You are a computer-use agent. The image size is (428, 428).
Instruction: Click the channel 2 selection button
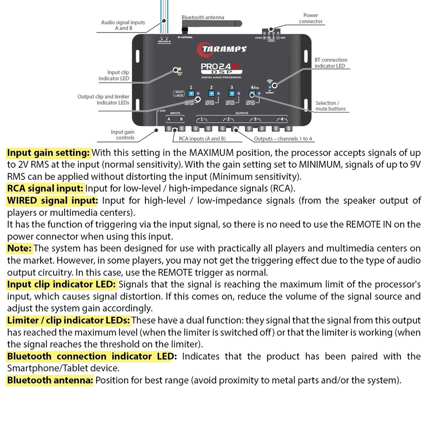(211, 93)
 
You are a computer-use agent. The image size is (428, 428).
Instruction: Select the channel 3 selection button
(232, 93)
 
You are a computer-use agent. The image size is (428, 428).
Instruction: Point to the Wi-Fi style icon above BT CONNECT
(270, 81)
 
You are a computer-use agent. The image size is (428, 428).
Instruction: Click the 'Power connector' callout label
(310, 18)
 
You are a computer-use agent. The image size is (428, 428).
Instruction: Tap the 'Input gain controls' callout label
(122, 135)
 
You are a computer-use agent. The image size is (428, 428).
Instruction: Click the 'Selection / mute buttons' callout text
(330, 106)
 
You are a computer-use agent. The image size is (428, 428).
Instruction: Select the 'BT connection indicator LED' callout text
(330, 63)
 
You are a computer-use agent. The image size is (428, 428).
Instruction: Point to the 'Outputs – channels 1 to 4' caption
(283, 139)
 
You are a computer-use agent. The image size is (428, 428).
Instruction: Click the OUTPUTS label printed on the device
(242, 113)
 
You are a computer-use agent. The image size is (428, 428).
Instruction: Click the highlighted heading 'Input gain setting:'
(48, 153)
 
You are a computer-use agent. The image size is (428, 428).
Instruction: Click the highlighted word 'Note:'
(19, 248)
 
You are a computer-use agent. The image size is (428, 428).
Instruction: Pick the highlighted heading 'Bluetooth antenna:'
(50, 380)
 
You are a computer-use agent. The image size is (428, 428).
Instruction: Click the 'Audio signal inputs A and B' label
(123, 25)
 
